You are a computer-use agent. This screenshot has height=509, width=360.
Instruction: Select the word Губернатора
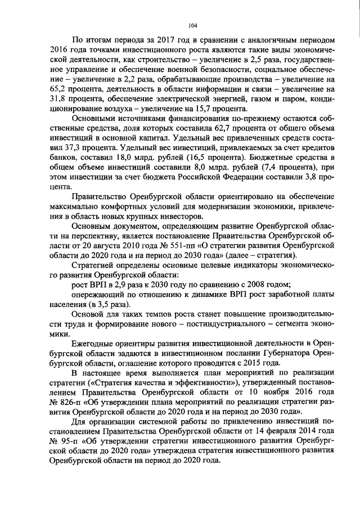(279, 354)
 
